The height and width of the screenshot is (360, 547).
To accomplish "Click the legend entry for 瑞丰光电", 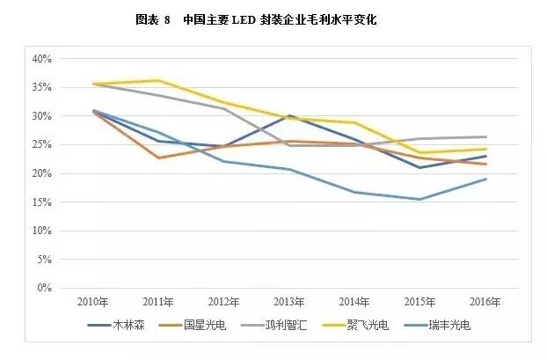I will (x=453, y=325).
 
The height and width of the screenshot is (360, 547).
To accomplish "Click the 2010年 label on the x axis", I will (x=92, y=301).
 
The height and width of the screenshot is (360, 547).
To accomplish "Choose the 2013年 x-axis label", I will (x=289, y=301).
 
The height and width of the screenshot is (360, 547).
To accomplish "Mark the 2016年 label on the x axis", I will (x=486, y=301).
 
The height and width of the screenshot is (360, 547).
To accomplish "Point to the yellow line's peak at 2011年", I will (x=158, y=80).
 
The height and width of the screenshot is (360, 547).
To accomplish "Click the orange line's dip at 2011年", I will (x=158, y=158).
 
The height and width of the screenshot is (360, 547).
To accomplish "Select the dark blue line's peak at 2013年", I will (x=289, y=115).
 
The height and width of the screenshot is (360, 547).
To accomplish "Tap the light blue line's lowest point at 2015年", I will (x=420, y=199).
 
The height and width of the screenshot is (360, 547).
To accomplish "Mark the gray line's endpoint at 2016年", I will (x=486, y=136).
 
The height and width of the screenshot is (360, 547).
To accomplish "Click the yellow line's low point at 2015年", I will (x=420, y=152).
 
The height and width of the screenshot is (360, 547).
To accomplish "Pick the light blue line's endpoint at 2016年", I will (x=486, y=179).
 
